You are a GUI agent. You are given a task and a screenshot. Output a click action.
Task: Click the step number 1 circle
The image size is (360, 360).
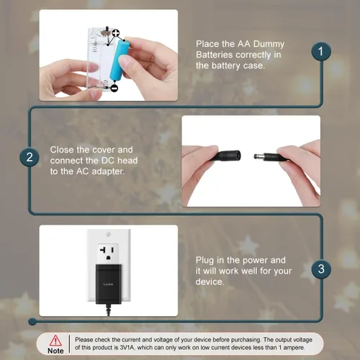tap(321, 52)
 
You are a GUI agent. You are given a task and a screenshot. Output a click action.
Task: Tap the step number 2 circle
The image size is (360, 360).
tap(30, 157)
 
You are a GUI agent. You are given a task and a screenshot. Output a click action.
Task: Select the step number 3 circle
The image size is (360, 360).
tap(321, 269)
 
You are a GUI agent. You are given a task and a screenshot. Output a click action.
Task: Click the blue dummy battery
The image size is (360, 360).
tap(120, 60)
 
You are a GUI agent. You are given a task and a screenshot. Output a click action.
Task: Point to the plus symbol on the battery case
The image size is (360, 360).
tap(116, 33)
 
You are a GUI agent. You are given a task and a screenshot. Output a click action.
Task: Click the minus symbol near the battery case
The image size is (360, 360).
tap(114, 88)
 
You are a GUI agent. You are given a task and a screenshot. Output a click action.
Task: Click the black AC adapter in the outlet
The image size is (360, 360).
tap(109, 284)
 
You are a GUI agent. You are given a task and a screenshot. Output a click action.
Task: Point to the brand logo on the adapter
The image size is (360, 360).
tap(108, 284)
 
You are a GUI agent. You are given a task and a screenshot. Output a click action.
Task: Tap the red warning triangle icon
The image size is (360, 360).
tap(55, 341)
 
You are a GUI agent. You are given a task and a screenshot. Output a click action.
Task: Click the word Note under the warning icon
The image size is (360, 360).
tap(55, 351)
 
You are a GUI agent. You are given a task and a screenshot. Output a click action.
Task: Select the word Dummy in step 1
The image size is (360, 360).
tap(269, 44)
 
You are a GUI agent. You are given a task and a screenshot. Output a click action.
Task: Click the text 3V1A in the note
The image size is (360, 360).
tap(127, 347)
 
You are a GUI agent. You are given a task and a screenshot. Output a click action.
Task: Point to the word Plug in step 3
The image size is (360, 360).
tap(205, 261)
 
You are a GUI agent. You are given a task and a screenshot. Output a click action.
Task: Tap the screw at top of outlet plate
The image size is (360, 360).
tap(108, 234)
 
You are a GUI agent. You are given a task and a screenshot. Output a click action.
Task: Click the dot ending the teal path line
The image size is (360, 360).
tap(32, 321)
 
